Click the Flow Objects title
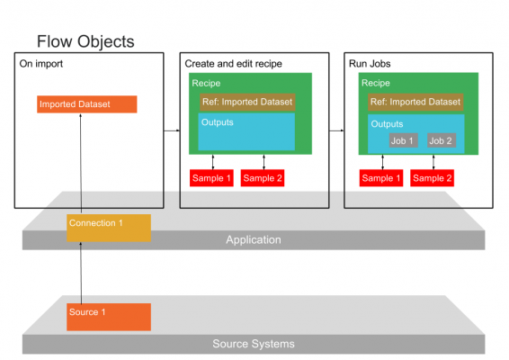click(85, 42)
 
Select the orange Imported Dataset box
click(87, 104)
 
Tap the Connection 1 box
click(109, 228)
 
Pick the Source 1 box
click(109, 317)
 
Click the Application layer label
click(254, 239)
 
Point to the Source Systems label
click(254, 344)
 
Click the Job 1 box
click(404, 140)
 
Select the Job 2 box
click(442, 140)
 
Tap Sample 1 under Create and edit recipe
click(211, 178)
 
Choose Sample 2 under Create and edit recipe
click(263, 178)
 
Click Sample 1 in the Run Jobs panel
click(381, 178)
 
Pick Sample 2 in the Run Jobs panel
click(432, 178)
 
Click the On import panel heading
click(41, 64)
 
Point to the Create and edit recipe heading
click(234, 64)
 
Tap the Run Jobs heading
click(370, 64)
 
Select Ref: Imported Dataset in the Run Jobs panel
click(415, 102)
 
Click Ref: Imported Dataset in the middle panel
click(247, 102)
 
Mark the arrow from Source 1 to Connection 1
click(81, 273)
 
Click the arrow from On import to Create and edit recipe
click(172, 130)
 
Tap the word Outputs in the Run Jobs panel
click(387, 124)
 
